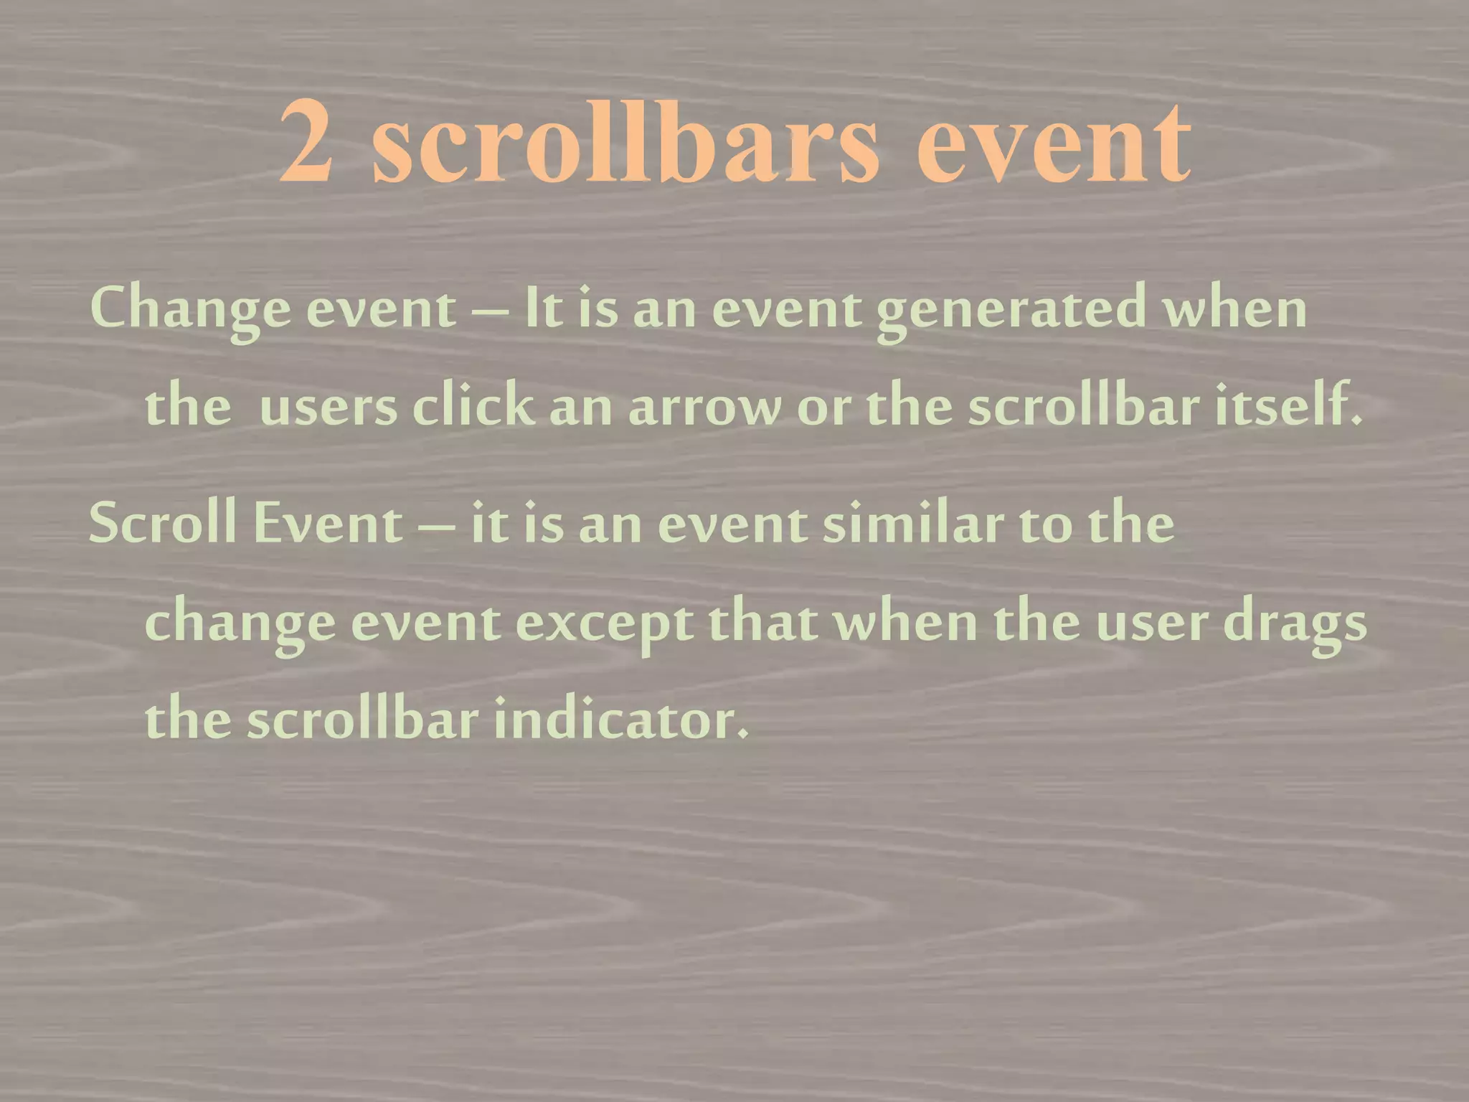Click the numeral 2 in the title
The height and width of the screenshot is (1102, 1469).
[x=306, y=141]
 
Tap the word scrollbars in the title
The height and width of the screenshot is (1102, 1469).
[x=625, y=141]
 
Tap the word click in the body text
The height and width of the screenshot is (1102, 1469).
[x=473, y=405]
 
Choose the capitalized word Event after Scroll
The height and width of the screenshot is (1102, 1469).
[x=328, y=523]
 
